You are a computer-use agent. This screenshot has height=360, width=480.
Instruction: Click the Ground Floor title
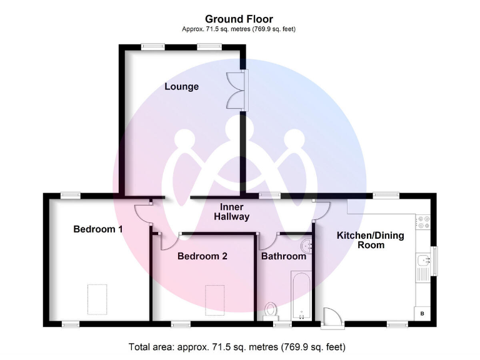coord(239,19)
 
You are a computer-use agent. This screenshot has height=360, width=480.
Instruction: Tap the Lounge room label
coord(182,86)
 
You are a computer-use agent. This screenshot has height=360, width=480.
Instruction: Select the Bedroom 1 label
coord(98,229)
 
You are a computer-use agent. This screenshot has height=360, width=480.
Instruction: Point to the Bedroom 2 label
coord(202,256)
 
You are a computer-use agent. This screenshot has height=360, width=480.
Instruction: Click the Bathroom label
coord(284,256)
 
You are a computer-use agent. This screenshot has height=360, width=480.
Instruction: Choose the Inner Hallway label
coord(232,212)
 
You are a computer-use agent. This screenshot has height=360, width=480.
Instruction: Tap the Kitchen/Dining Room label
coord(371,240)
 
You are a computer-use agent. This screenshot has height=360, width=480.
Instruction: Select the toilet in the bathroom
coord(271,310)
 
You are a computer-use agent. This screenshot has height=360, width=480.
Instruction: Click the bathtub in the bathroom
coord(301,295)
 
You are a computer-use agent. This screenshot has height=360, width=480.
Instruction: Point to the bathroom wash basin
coord(306,244)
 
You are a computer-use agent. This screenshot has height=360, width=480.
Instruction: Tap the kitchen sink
coord(423,262)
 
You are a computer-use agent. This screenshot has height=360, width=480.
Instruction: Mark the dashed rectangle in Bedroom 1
coord(96,299)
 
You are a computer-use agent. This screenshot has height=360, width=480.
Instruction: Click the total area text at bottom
coord(237,346)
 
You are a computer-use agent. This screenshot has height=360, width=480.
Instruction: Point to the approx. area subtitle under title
coord(239,29)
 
